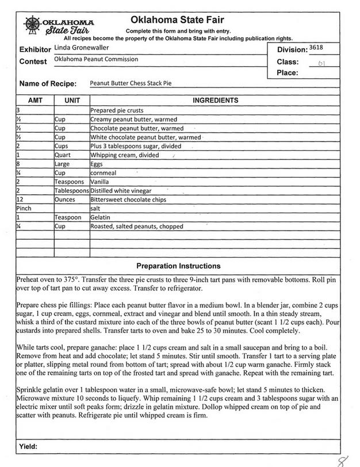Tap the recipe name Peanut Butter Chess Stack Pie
click(131, 83)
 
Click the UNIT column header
click(72, 100)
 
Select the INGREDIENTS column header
click(215, 100)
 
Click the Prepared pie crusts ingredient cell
click(117, 110)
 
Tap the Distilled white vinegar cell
click(121, 190)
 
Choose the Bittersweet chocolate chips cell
click(128, 200)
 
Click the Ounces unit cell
click(65, 200)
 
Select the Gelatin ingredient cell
click(101, 217)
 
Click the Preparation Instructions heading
click(178, 266)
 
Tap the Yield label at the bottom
click(28, 446)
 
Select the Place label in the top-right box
click(287, 73)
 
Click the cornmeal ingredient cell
click(104, 173)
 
